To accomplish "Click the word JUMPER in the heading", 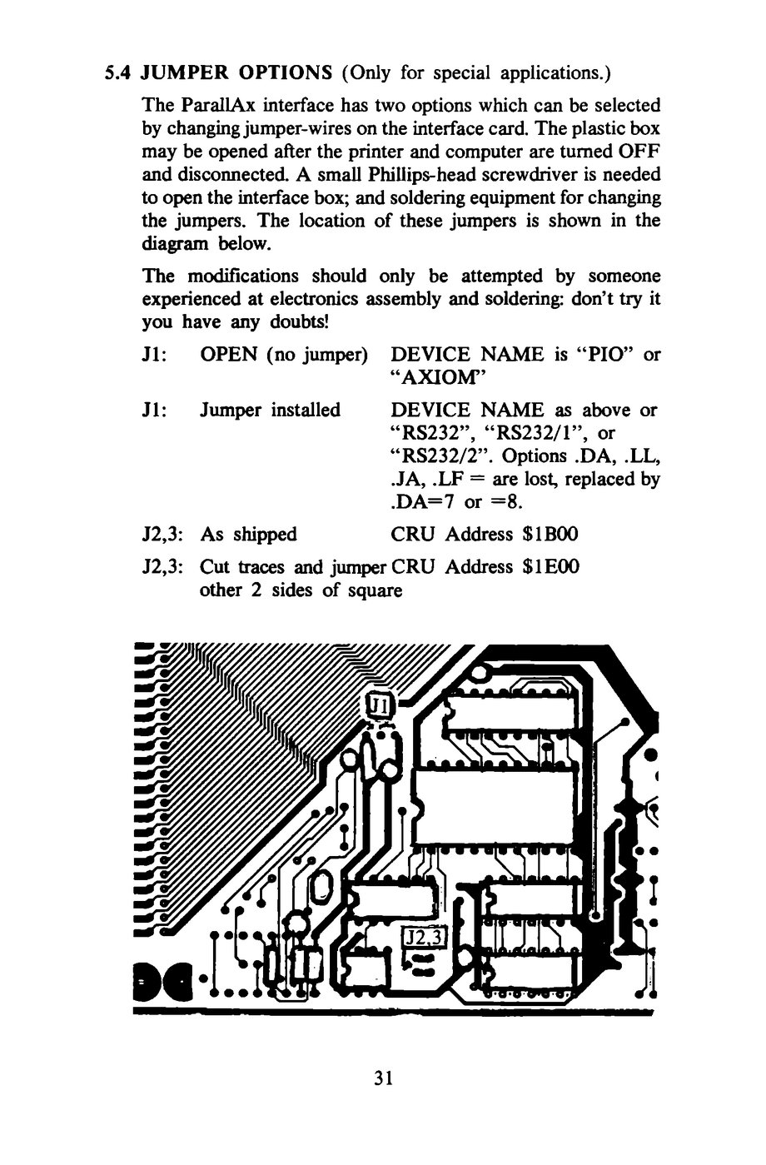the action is pos(185,72).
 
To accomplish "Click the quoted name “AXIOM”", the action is pos(437,378).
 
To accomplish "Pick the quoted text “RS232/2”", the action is pos(441,456).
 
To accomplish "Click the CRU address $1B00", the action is pos(550,535).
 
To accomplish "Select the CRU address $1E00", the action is pos(550,566).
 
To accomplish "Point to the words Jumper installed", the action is pos(271,411).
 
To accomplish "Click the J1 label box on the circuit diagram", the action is pos(380,706).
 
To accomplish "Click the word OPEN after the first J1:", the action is pos(229,355).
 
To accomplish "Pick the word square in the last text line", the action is pos(376,590).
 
